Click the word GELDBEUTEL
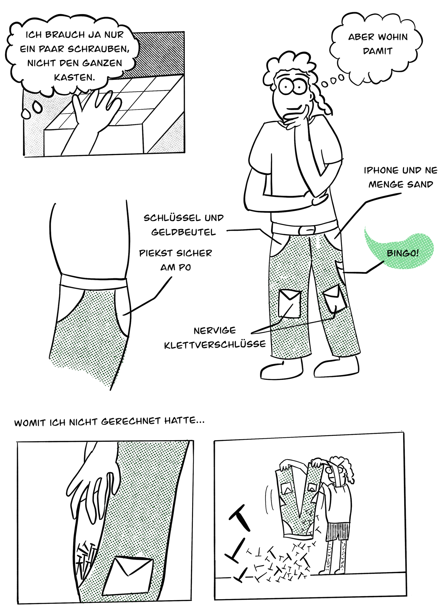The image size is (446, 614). click(183, 232)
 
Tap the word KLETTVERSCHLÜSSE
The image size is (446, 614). click(215, 345)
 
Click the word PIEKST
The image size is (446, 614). click(156, 253)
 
